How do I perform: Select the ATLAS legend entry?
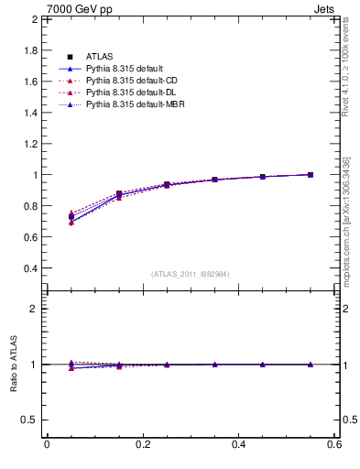pyautogui.click(x=99, y=58)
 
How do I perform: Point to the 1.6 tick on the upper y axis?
pyautogui.click(x=28, y=82)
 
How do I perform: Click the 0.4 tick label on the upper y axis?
pyautogui.click(x=28, y=268)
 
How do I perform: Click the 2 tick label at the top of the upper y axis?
pyautogui.click(x=34, y=19)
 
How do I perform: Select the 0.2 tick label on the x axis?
pyautogui.click(x=143, y=444)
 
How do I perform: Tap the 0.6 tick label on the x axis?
pyautogui.click(x=334, y=444)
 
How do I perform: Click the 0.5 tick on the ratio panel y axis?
pyautogui.click(x=28, y=420)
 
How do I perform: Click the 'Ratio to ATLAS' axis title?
pyautogui.click(x=13, y=365)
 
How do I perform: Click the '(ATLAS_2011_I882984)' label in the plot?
pyautogui.click(x=190, y=274)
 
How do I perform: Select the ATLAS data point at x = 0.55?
pyautogui.click(x=311, y=175)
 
